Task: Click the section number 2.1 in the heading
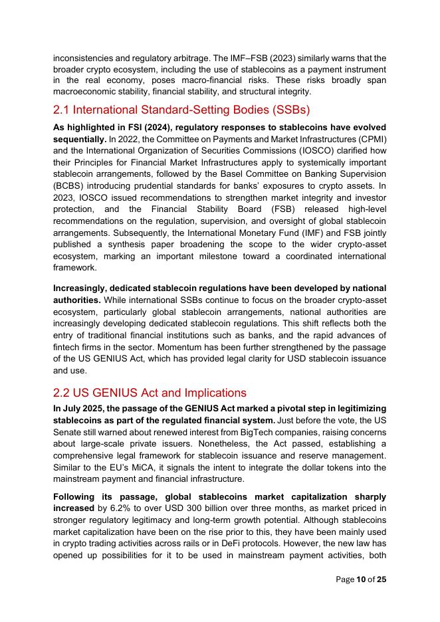(x=64, y=110)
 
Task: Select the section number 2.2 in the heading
(x=64, y=393)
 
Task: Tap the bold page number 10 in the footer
(x=361, y=579)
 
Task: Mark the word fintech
(x=68, y=346)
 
